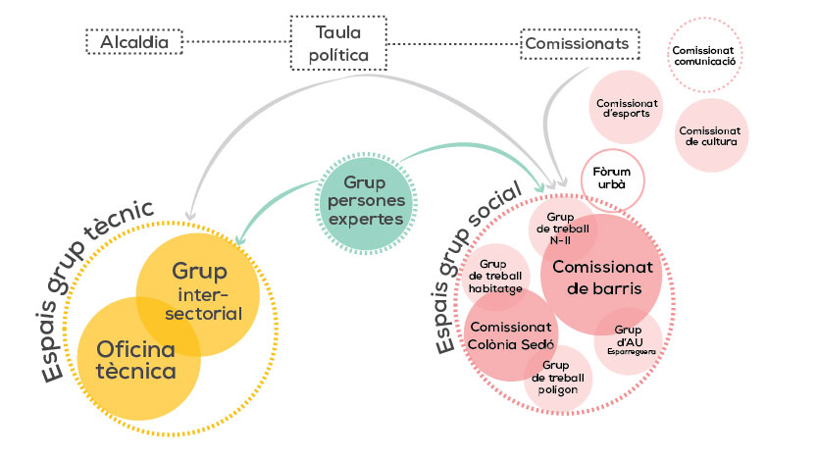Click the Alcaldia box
134,43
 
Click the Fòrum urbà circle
612,179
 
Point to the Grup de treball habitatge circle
500,277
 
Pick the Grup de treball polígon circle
557,379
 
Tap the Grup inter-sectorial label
206,291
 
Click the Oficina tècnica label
136,360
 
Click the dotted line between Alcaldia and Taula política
238,43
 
